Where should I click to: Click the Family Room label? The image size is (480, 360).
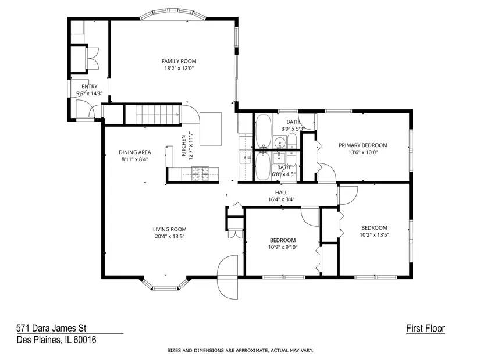click(x=179, y=61)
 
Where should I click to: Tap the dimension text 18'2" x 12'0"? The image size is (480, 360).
click(x=179, y=68)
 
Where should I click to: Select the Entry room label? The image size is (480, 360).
click(x=90, y=87)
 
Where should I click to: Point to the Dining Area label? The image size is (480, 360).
click(x=135, y=152)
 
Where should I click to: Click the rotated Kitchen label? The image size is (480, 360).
click(x=184, y=146)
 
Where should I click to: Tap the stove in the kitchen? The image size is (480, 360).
click(x=201, y=173)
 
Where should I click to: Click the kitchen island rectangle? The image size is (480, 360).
click(x=211, y=129)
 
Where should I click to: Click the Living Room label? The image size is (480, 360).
click(x=169, y=229)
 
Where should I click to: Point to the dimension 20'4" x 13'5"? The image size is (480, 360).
click(x=169, y=236)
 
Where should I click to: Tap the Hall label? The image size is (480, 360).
click(x=282, y=193)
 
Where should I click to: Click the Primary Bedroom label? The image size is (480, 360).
click(x=363, y=145)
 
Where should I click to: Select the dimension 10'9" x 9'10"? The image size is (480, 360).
click(x=283, y=247)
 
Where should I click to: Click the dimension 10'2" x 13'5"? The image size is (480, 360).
click(x=374, y=235)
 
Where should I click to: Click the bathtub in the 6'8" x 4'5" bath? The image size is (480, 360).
click(x=262, y=167)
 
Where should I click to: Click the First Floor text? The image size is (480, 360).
click(x=425, y=329)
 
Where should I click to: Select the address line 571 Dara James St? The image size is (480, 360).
click(x=51, y=328)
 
